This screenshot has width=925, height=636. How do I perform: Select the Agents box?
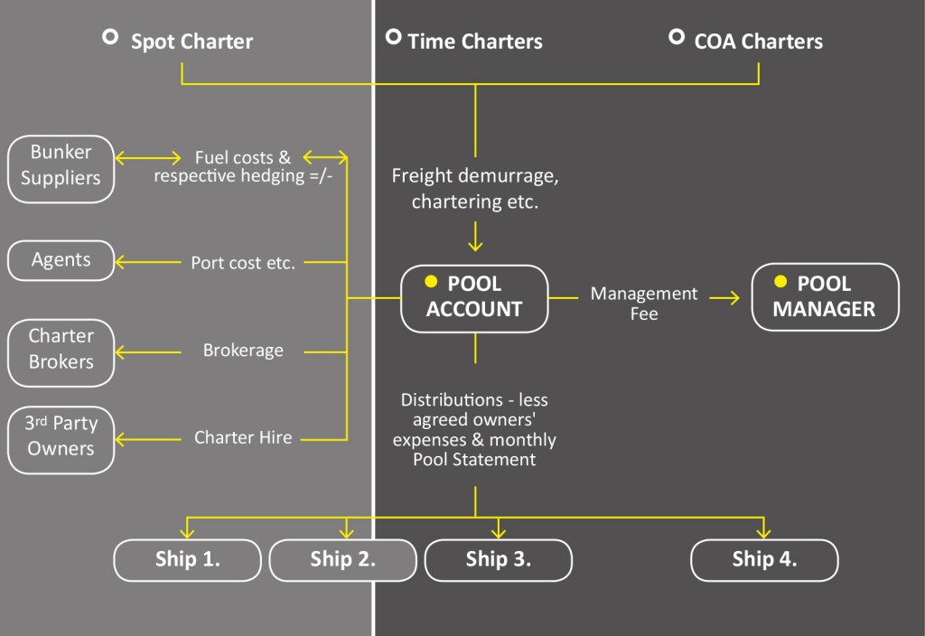[61, 260]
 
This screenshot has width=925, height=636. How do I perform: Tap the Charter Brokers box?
[61, 349]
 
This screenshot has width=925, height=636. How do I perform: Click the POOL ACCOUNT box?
[475, 297]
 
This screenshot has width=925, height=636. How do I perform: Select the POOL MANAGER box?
[825, 297]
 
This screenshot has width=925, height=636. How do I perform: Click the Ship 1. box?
[188, 559]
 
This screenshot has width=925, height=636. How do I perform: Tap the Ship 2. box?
[343, 559]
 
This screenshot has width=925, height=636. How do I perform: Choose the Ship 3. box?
[499, 559]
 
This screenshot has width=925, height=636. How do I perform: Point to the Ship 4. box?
[764, 559]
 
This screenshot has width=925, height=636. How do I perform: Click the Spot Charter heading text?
[192, 42]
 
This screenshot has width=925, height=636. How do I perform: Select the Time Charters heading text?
[475, 42]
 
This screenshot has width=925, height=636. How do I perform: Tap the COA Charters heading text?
[758, 42]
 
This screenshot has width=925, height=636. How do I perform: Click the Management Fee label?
[644, 304]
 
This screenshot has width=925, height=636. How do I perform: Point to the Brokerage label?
[243, 351]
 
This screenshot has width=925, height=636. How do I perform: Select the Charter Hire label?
[243, 438]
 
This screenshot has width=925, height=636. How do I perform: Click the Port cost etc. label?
[243, 264]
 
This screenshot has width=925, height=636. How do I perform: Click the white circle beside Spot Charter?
[110, 37]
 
